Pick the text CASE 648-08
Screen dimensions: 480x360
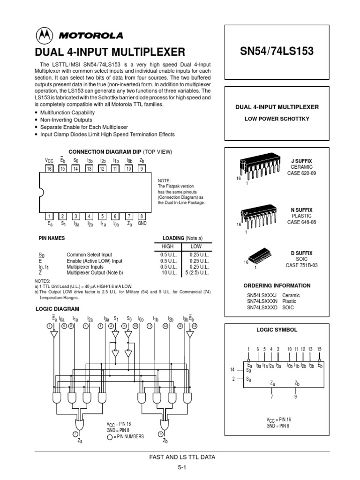301,222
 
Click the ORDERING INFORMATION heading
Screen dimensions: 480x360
277,285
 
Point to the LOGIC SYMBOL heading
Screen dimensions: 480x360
277,330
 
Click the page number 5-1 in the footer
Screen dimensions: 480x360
182,467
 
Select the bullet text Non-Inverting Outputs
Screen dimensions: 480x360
67,120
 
